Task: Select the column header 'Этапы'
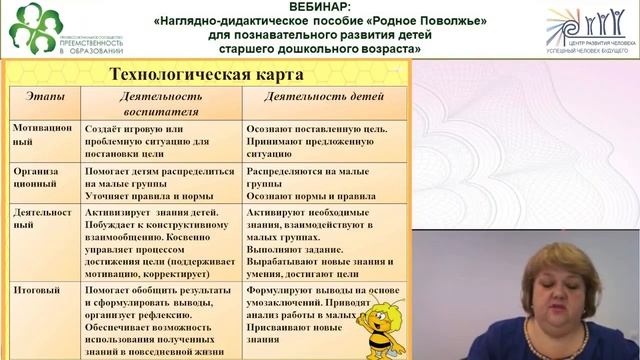pyautogui.click(x=42, y=97)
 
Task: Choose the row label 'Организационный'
pyautogui.click(x=37, y=178)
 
